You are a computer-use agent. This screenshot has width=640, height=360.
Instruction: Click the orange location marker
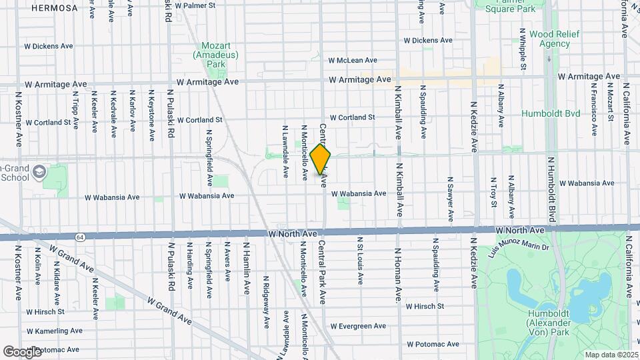(x=321, y=159)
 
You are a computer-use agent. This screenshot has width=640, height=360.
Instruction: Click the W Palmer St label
(x=193, y=5)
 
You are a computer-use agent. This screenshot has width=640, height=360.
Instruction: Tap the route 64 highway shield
(x=80, y=237)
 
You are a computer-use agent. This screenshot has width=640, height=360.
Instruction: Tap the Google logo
(x=22, y=351)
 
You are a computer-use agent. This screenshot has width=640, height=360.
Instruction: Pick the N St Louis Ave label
(x=360, y=261)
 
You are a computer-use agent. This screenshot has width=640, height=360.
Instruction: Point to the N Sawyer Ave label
(x=450, y=194)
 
